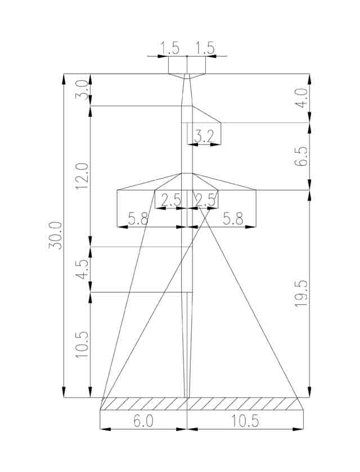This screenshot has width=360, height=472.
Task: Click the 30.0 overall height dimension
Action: pos(55,235)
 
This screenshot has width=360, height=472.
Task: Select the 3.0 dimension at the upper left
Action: pos(82,90)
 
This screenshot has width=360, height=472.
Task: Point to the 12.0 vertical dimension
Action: pos(82,175)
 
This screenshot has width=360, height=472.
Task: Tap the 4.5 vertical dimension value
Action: pos(82,269)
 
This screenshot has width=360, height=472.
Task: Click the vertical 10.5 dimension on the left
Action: pos(82,344)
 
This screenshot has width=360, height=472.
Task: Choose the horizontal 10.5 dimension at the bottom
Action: pos(245,420)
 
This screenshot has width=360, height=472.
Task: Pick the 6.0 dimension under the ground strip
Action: pos(143,420)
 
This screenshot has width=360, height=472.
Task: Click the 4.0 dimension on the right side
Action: pos(301,98)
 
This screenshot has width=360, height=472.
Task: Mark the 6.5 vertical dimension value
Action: pos(301,156)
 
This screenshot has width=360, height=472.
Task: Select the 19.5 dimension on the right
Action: pos(301,293)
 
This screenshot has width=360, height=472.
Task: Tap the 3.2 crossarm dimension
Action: pos(204,137)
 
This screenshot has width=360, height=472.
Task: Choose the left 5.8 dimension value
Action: pos(138,219)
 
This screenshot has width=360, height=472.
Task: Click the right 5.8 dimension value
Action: pos(233,219)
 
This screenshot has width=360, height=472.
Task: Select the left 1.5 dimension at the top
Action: pos(170,48)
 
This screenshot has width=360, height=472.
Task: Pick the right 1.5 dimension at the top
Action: pos(205,48)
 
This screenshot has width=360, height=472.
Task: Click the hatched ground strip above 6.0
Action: pos(143,403)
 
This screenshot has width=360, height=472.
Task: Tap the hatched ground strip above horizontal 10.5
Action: pos(245,403)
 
